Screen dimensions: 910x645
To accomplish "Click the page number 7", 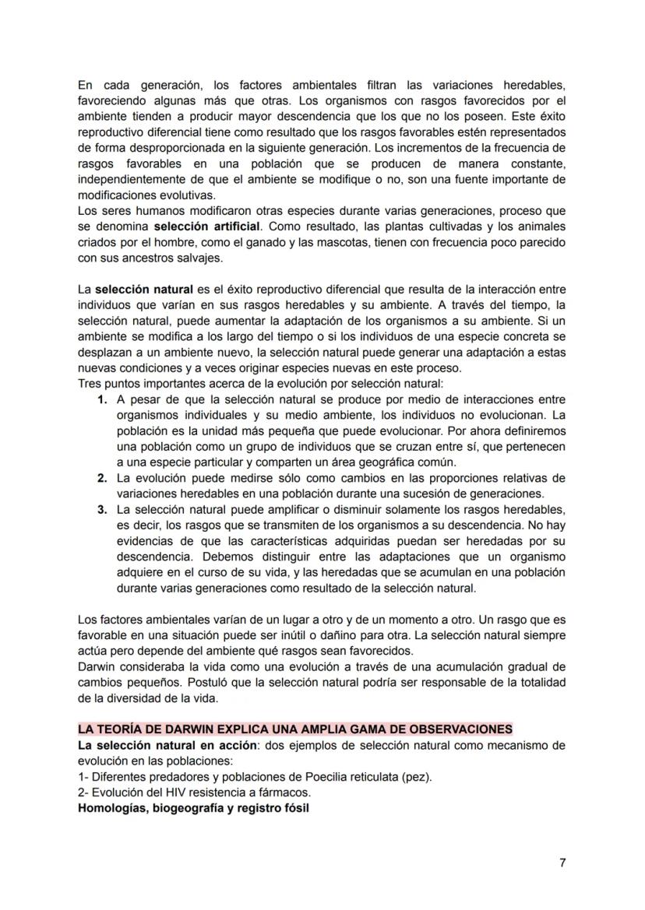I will point(562,863).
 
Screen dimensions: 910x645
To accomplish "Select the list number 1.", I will point(102,399).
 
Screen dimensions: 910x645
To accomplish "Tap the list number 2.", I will point(102,478).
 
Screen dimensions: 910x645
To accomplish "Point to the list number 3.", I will point(102,510).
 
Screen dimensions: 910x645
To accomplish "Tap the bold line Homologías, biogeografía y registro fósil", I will point(193,808).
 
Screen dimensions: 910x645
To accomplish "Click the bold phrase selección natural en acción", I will point(168,745).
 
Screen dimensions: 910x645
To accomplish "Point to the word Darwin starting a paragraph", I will point(97,667).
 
